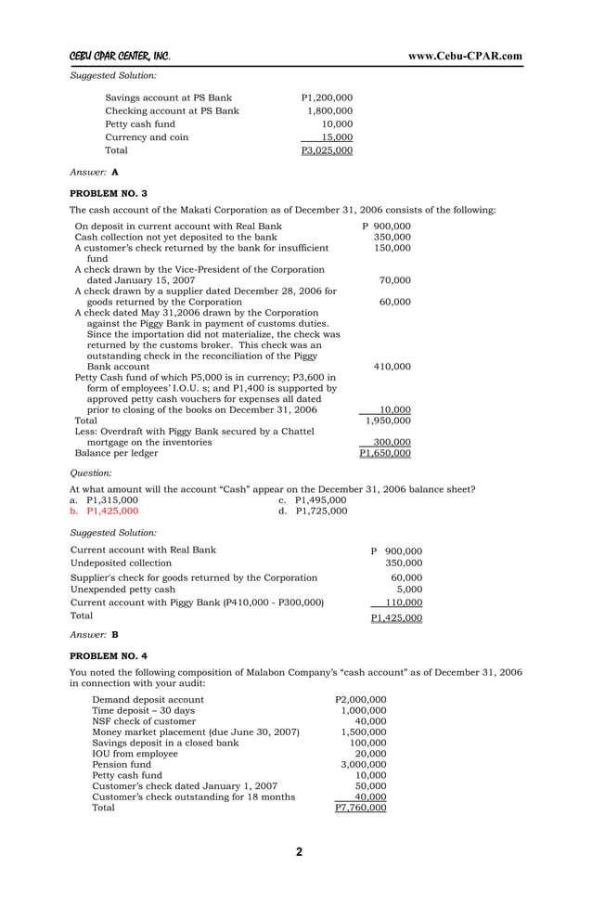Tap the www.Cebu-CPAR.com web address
coord(465,56)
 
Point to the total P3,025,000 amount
coord(327,150)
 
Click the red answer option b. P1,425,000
coord(105,511)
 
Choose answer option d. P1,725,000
coord(313,511)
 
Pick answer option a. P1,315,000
coord(105,499)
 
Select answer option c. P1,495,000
coord(313,499)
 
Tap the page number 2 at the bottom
coord(299,853)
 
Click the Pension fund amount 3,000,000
coord(363,763)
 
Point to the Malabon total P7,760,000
coord(360,809)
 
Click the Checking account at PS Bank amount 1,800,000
coord(329,111)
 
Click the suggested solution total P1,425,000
coord(396,617)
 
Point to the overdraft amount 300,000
coord(391,443)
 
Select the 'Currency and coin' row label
coord(147,137)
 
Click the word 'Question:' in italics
coord(91,473)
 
